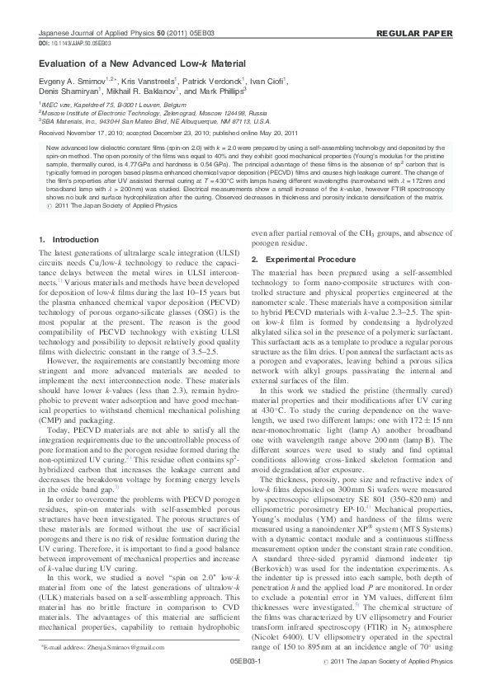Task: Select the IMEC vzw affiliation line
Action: (x=100, y=106)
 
